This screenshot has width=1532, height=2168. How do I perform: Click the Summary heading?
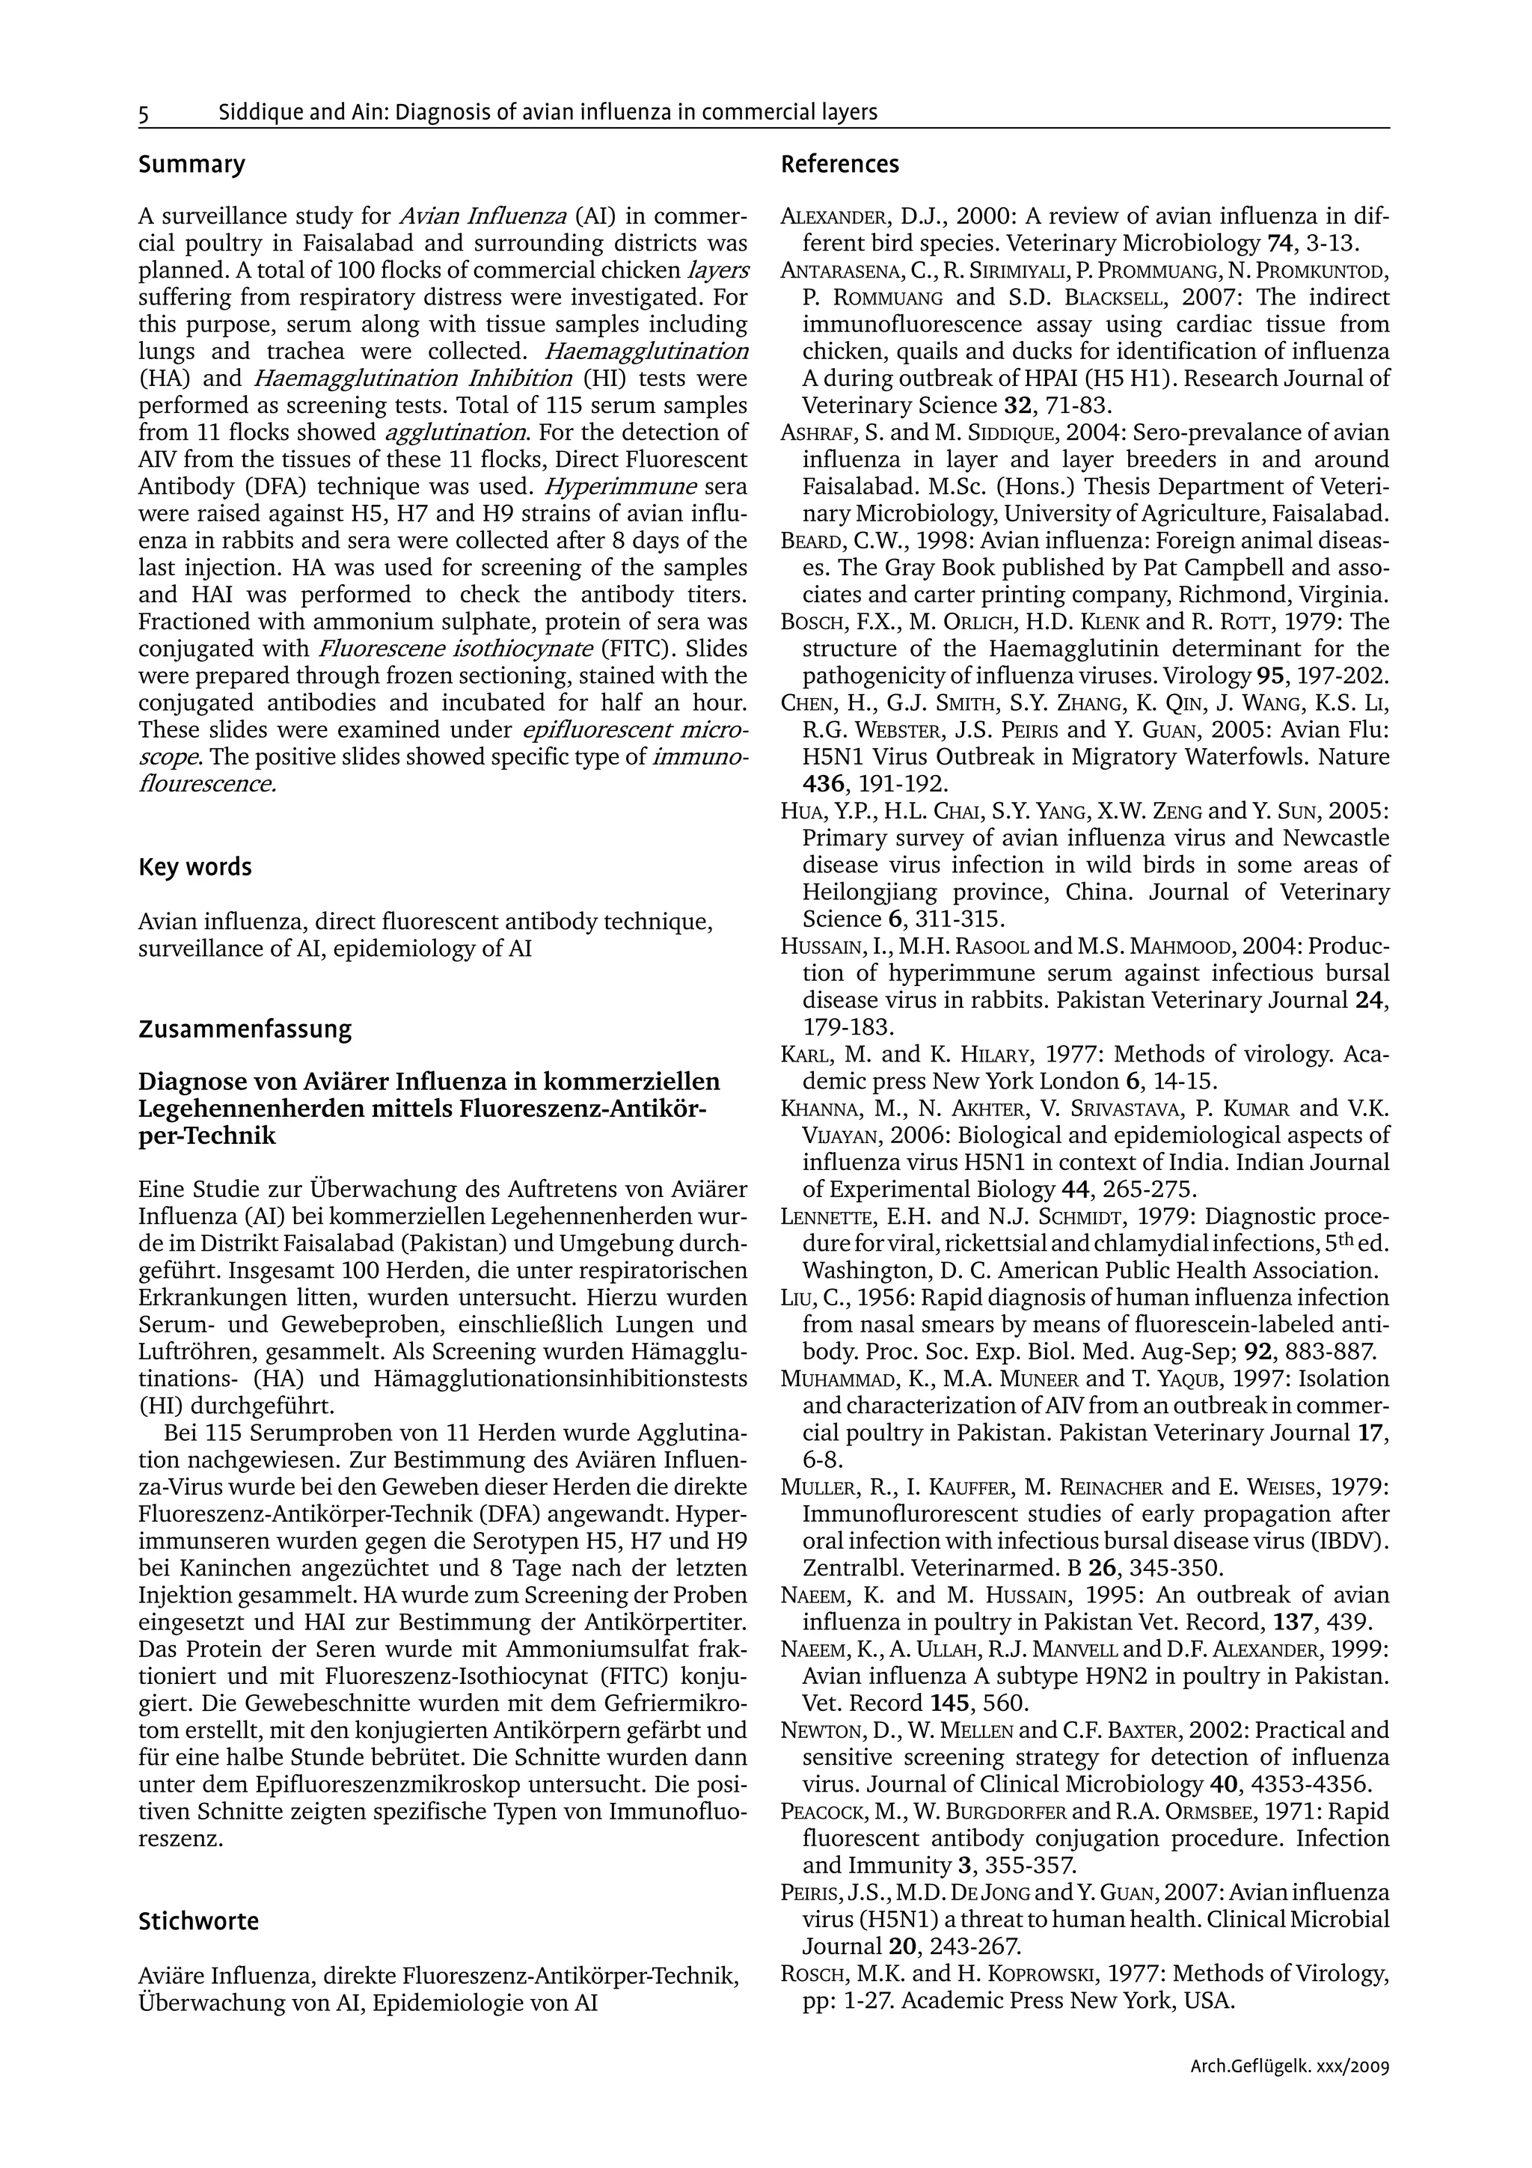[x=191, y=165]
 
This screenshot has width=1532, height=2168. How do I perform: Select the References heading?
[x=839, y=165]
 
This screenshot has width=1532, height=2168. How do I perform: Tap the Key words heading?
[x=194, y=867]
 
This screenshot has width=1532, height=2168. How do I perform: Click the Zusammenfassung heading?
[x=245, y=1029]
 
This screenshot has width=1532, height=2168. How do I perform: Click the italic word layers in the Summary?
[x=718, y=271]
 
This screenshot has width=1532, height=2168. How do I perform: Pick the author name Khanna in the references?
[x=818, y=1109]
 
